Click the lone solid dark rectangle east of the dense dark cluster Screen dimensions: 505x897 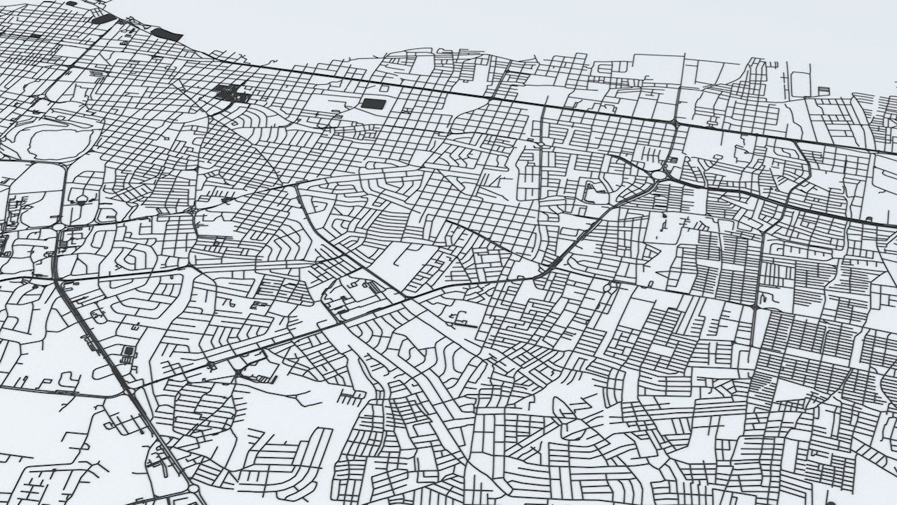pos(373,105)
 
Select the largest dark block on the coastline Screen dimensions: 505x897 pos(166,33)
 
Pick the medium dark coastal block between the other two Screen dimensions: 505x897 pos(103,19)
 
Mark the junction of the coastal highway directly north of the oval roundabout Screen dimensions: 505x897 pos(673,123)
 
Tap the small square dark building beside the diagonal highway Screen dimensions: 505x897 pos(128,351)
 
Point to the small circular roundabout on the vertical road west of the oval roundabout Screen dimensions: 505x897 pos(541,144)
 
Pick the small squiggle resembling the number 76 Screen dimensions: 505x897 pos(459,321)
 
